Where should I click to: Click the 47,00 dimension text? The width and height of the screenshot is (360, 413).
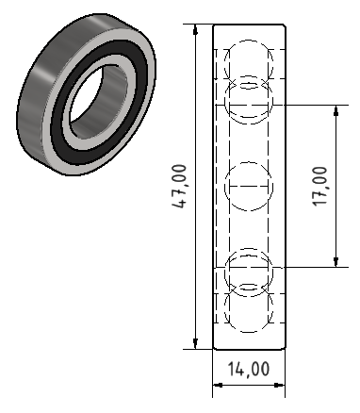181,187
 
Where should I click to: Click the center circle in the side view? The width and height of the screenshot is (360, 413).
249,187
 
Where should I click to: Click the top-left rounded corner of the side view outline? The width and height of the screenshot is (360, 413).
216,26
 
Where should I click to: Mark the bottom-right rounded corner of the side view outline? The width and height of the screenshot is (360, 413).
283,347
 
